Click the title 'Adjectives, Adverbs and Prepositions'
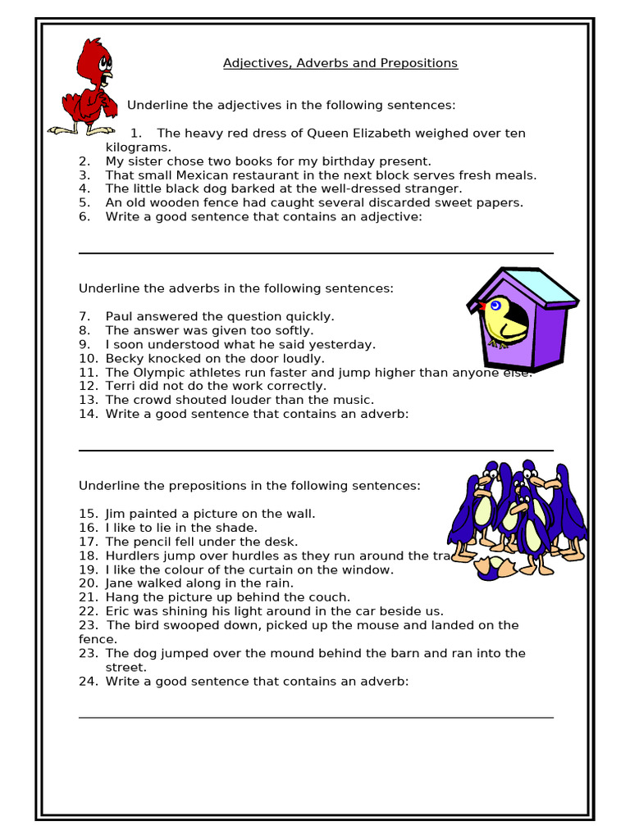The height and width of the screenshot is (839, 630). pyautogui.click(x=340, y=63)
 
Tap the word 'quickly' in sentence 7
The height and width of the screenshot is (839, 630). pyautogui.click(x=310, y=316)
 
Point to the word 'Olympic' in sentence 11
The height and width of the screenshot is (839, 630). pyautogui.click(x=155, y=372)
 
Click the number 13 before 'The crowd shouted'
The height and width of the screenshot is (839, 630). pyautogui.click(x=88, y=400)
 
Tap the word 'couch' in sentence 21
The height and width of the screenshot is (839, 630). pyautogui.click(x=331, y=597)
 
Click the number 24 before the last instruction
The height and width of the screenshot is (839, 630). pyautogui.click(x=88, y=681)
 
